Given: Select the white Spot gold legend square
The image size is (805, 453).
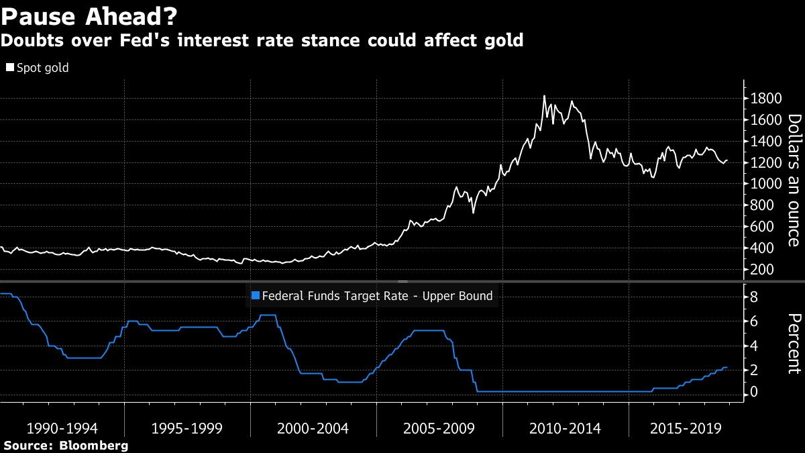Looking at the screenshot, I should click(9, 68).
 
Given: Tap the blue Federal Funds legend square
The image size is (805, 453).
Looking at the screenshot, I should click(254, 295).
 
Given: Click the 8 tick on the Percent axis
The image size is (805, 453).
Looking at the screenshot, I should click(754, 296).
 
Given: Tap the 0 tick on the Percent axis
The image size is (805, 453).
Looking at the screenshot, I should click(754, 391).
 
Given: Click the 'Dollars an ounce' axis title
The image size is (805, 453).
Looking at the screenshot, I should click(794, 181).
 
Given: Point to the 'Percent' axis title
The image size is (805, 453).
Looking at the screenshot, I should click(794, 342).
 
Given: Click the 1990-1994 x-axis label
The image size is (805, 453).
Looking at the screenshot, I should click(62, 429).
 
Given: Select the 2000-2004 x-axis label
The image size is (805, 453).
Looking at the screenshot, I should click(313, 429).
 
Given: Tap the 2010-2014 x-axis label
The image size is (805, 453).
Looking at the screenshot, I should click(566, 429).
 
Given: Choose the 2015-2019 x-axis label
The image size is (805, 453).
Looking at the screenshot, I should click(686, 429).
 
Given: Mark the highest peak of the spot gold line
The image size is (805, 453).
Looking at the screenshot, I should click(544, 96).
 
